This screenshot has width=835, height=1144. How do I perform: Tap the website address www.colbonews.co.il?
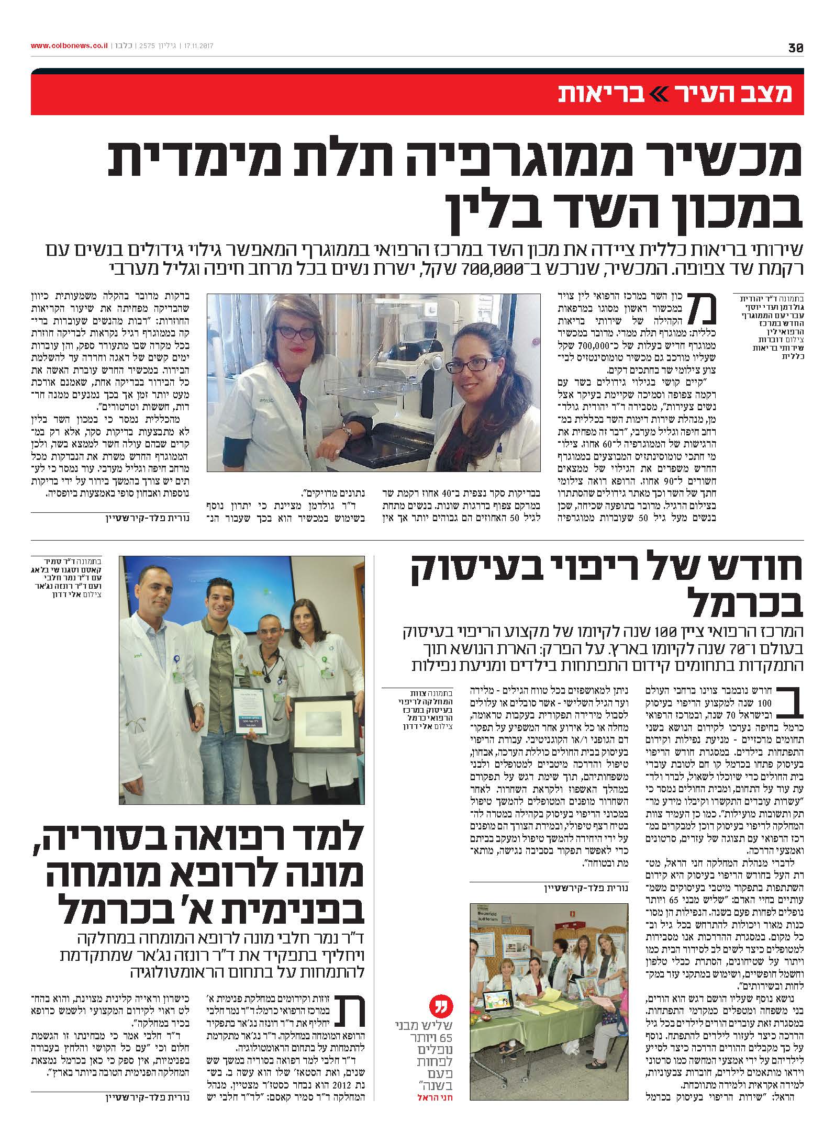click(x=69, y=46)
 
